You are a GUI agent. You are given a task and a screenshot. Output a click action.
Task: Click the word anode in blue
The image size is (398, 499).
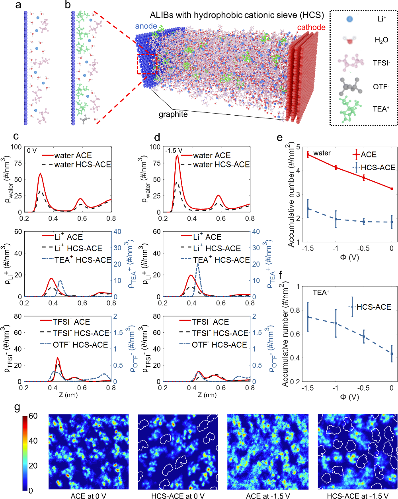(x=146, y=26)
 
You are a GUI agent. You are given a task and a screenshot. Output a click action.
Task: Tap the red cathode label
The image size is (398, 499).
(x=311, y=28)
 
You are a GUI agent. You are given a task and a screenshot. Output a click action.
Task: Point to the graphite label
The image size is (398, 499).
(x=173, y=115)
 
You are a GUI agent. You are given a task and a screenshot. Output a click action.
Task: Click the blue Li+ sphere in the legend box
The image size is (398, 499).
(x=349, y=19)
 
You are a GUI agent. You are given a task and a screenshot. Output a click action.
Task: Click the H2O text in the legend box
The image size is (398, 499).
(x=381, y=40)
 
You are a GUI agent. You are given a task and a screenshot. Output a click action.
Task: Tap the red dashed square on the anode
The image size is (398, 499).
(x=147, y=64)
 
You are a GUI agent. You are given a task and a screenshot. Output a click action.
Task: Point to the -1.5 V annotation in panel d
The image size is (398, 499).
(x=174, y=151)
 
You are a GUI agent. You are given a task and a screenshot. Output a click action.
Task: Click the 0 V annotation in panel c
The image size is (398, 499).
(x=32, y=151)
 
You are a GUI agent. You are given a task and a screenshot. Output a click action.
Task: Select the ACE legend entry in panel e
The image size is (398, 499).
(x=369, y=155)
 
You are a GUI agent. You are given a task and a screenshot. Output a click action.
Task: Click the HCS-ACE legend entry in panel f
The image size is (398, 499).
(x=374, y=307)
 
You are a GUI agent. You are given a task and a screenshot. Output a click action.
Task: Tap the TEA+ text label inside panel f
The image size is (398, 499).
(x=321, y=293)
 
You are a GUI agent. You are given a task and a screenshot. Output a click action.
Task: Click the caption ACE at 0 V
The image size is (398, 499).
(x=88, y=496)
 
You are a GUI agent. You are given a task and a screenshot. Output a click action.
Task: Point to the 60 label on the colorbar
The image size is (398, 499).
(x=33, y=416)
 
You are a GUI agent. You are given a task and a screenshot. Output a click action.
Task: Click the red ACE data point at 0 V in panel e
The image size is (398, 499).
(x=392, y=189)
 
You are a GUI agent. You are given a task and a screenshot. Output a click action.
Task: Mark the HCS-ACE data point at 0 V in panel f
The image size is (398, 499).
(x=392, y=354)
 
